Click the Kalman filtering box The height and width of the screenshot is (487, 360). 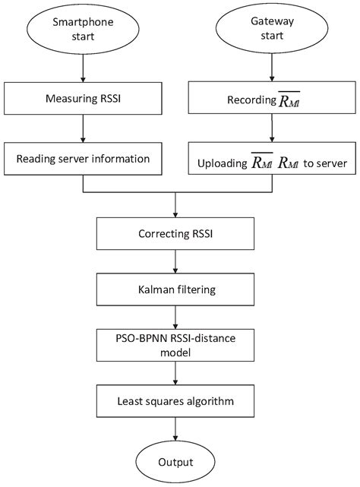(176, 289)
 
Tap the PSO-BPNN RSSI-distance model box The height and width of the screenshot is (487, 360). (176, 345)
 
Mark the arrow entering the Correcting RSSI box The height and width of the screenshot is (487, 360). (176, 206)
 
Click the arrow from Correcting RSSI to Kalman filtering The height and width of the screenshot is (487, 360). (176, 262)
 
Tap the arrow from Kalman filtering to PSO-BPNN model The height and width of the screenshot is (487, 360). (176, 317)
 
